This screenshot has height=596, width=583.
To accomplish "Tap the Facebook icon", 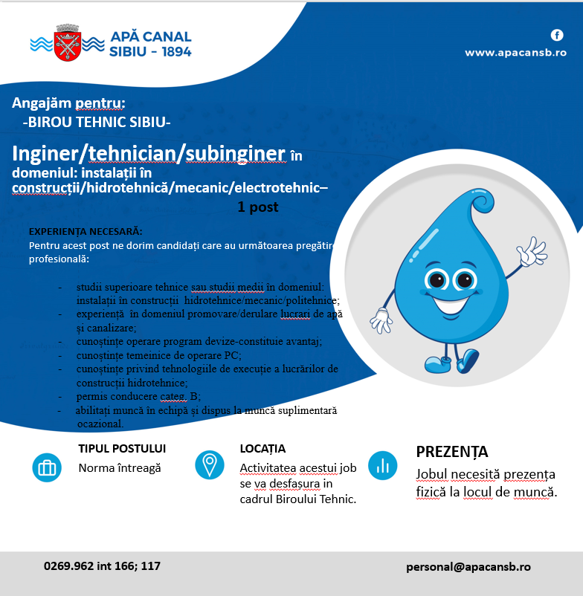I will pyautogui.click(x=556, y=35).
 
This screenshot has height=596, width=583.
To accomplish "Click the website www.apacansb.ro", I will pyautogui.click(x=515, y=53).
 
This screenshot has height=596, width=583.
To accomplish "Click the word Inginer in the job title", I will pyautogui.click(x=46, y=153).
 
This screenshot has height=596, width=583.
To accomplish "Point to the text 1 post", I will pyautogui.click(x=257, y=207).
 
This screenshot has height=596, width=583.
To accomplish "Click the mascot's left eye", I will pyautogui.click(x=437, y=281).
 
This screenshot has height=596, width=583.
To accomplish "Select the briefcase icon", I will pyautogui.click(x=47, y=467).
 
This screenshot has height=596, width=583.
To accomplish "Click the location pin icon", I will pyautogui.click(x=209, y=465).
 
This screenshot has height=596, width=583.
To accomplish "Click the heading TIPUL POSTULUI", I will pyautogui.click(x=122, y=449).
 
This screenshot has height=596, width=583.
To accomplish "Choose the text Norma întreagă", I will pyautogui.click(x=120, y=468).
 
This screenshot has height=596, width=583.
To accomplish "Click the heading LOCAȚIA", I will pyautogui.click(x=262, y=449).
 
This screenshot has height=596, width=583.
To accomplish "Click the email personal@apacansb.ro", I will pyautogui.click(x=468, y=566).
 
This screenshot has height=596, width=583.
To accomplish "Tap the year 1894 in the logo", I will pyautogui.click(x=172, y=52).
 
